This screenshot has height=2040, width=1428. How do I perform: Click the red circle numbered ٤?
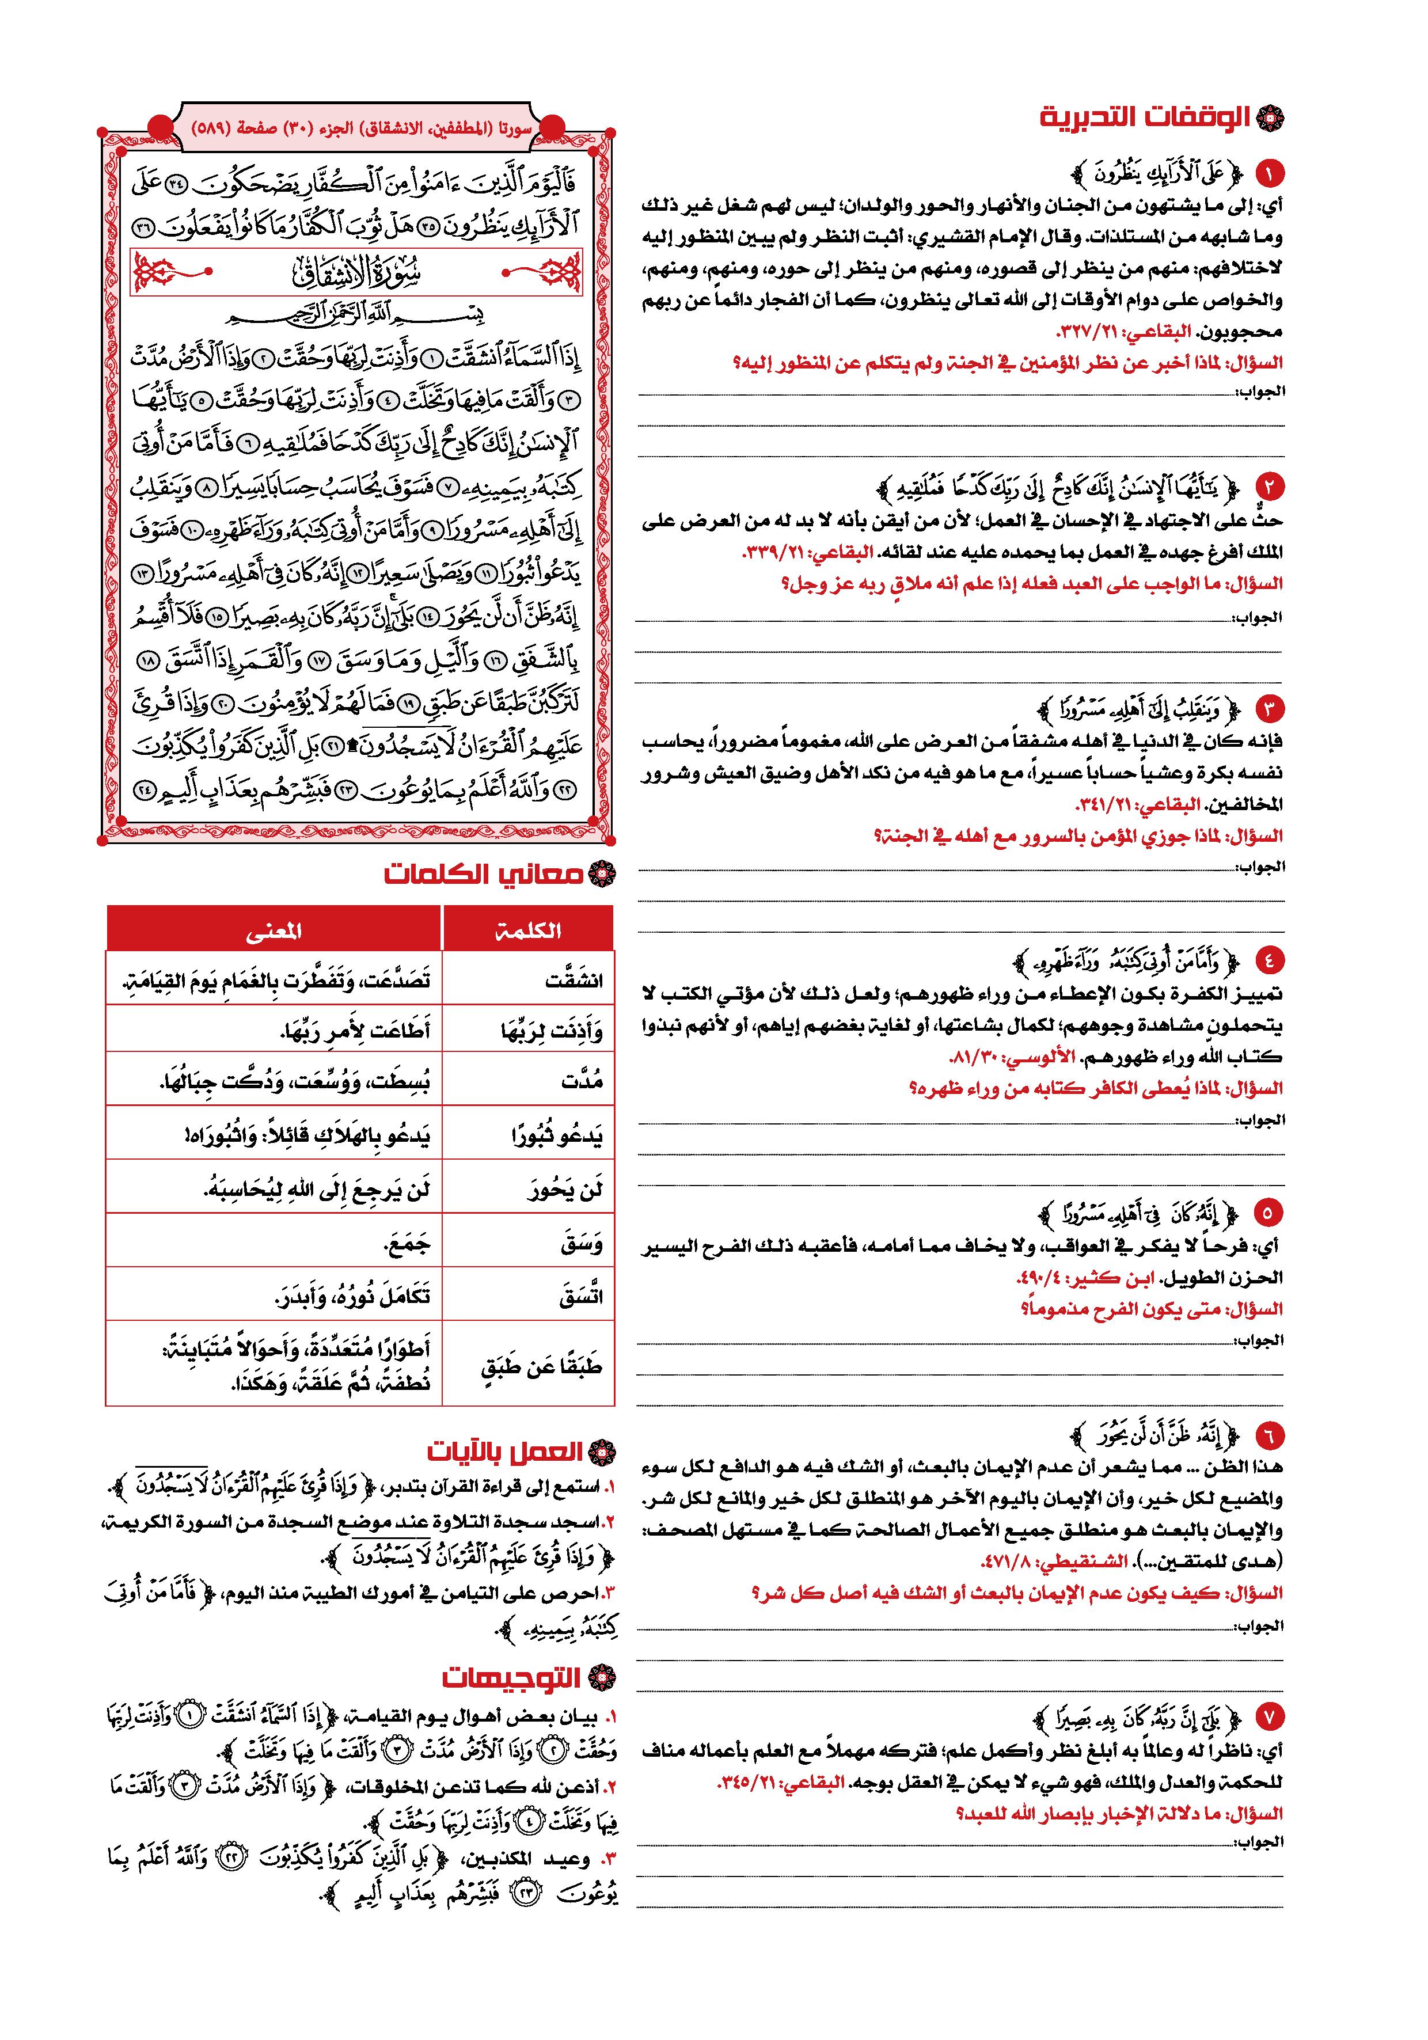1268,960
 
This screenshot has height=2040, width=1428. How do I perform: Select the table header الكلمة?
528,930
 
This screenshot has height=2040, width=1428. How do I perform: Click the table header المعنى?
274,930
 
